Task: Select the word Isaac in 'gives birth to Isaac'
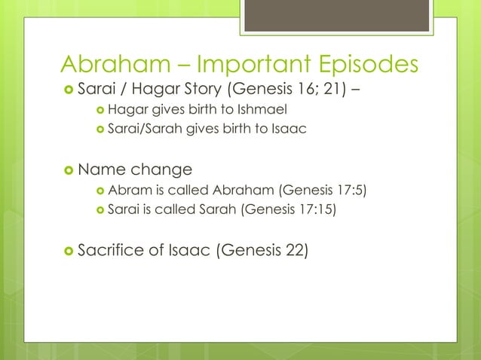(291, 130)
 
